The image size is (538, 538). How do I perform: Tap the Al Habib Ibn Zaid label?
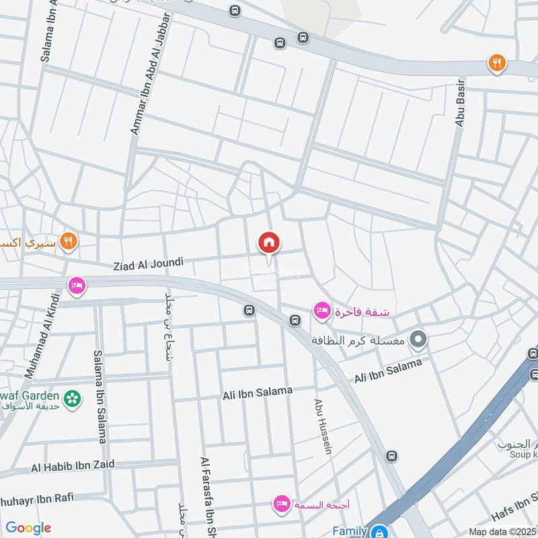[x=73, y=465]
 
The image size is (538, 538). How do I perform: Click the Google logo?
[x=28, y=528]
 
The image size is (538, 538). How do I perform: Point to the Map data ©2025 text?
[x=502, y=531]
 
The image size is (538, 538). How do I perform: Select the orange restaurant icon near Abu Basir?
[x=497, y=63]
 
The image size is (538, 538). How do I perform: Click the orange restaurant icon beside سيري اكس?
[x=68, y=240]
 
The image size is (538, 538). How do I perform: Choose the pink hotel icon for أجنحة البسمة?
[x=282, y=503]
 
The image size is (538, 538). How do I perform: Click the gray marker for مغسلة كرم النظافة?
[x=419, y=340]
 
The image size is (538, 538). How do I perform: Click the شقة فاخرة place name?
[x=361, y=312]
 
